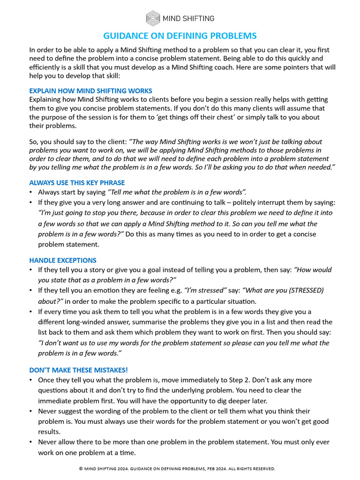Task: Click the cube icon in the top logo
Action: tap(153, 18)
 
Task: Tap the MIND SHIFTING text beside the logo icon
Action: tap(188, 19)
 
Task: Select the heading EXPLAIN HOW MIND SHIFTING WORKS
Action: tap(90, 91)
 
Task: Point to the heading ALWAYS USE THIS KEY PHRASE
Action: tap(77, 183)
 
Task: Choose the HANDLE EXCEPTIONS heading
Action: tap(63, 260)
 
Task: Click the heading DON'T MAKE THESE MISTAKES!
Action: tap(78, 370)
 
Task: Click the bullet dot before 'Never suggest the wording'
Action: tap(31, 411)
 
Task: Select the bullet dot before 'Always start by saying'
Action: tap(31, 192)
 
